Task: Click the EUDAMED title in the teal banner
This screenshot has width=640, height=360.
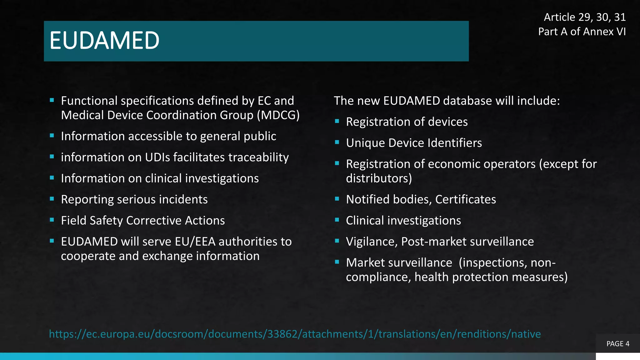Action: (104, 41)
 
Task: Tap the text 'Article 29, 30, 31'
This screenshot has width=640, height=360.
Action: (585, 17)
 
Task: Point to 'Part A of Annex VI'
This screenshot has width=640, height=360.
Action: (582, 32)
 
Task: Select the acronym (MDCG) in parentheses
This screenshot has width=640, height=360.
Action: (278, 115)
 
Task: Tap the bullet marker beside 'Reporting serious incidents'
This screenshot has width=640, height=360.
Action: (52, 199)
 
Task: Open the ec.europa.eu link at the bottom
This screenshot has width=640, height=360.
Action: (295, 334)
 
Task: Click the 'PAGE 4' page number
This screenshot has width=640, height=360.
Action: (618, 344)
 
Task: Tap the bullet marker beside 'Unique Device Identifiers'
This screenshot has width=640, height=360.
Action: (337, 142)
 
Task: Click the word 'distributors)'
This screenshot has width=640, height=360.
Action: (379, 178)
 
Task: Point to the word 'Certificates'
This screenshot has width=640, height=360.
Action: (465, 199)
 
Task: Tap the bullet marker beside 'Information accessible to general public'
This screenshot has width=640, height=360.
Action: (52, 136)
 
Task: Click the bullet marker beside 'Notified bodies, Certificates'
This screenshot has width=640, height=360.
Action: (337, 199)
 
